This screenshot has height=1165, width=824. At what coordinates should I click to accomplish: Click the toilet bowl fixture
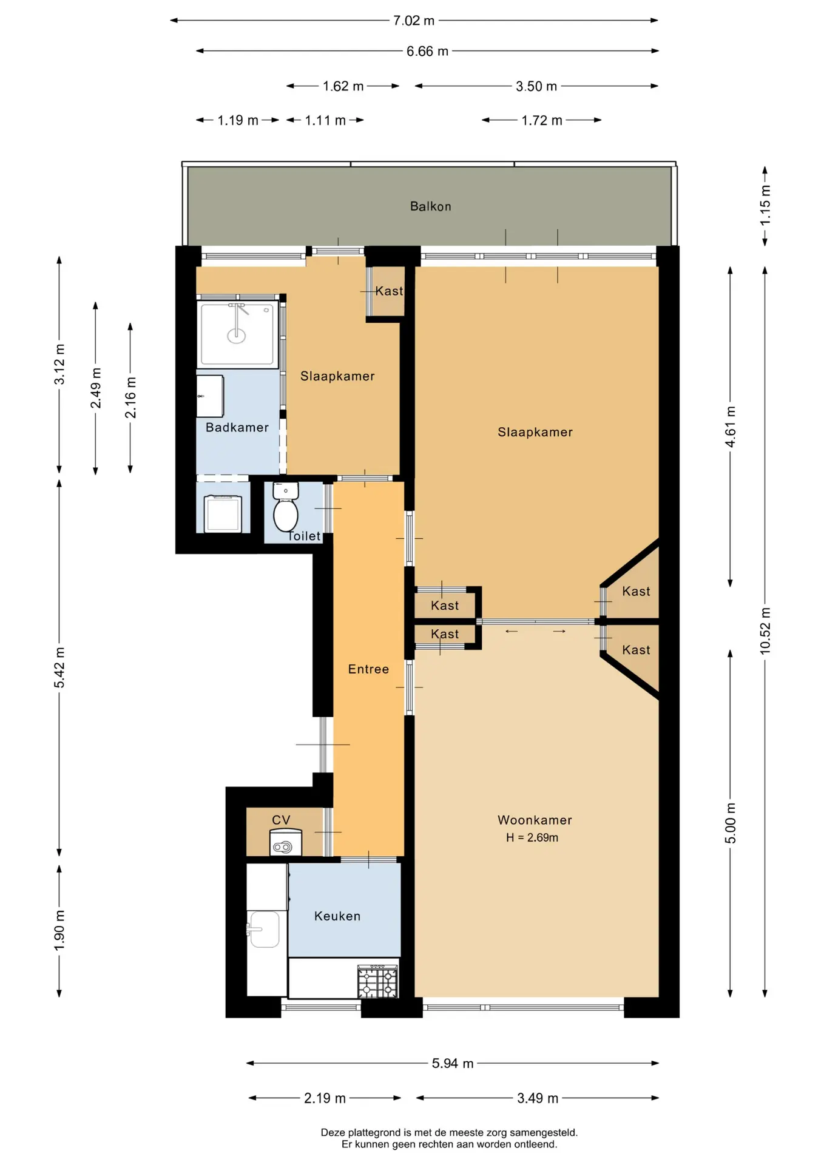286,507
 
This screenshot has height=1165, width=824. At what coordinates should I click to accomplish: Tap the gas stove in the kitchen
377,981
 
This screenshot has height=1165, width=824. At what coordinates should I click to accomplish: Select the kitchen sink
263,929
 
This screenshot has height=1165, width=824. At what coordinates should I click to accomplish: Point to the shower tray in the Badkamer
237,334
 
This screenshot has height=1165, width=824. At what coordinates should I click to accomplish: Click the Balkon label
431,206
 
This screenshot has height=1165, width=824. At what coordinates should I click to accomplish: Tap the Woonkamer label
535,820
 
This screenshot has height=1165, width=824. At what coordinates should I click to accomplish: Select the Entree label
368,669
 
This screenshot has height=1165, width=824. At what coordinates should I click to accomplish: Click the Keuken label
337,916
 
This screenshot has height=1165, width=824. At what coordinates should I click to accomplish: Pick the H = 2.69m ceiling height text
532,838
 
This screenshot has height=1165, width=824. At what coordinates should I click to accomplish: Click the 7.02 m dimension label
414,21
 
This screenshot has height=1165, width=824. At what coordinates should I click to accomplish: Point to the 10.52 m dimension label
765,630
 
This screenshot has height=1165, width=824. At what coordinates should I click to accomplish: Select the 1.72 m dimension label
542,121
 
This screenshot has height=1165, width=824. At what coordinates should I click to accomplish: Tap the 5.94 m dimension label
453,1064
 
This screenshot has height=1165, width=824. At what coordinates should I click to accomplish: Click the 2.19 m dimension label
325,1099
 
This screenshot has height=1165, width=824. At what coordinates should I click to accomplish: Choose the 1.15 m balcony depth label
765,205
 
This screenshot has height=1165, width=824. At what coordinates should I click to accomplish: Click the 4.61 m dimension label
731,427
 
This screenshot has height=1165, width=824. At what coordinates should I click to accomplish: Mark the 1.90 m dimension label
59,931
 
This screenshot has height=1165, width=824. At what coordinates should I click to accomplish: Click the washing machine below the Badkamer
223,513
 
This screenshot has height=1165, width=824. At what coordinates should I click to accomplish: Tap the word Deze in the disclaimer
333,1133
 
